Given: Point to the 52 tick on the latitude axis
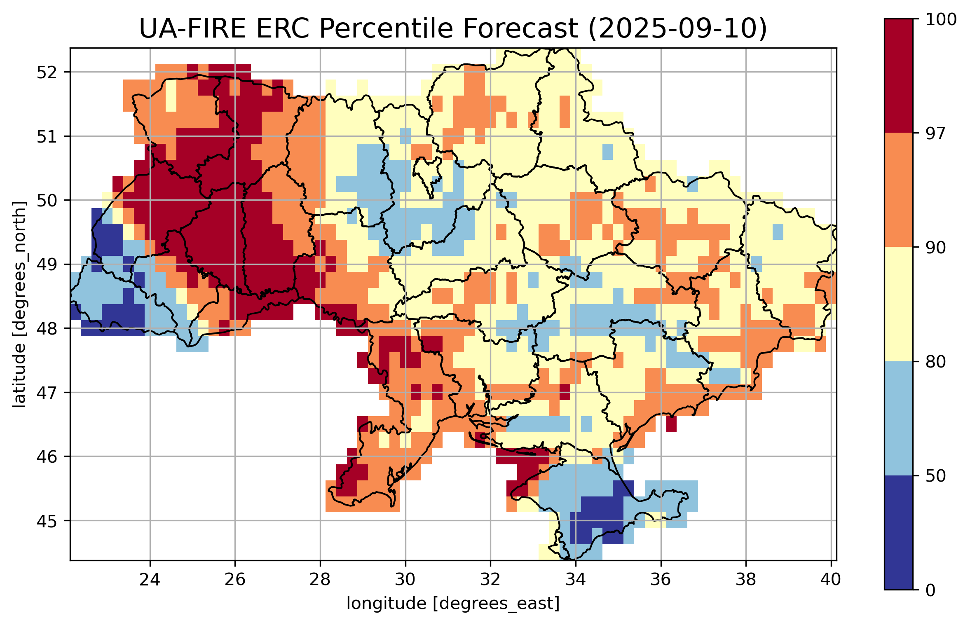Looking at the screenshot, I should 47,73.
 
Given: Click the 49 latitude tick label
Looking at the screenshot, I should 47,265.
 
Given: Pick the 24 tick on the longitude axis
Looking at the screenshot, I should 150,579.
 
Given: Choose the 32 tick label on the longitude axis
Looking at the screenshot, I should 490,579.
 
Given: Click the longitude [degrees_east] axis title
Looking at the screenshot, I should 453,604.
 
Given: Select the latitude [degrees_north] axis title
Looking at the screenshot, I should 19,304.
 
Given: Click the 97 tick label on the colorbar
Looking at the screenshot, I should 935,133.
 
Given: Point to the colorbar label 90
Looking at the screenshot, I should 935,248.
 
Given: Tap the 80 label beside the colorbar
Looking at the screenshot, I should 935,362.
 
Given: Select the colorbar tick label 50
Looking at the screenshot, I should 935,476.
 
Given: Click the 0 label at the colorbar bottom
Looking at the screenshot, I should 930,590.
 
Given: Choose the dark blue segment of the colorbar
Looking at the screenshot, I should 899,532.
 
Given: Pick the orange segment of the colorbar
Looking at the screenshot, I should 899,190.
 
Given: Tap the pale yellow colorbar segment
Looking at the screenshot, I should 899,304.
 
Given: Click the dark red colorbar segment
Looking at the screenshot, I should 899,76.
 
